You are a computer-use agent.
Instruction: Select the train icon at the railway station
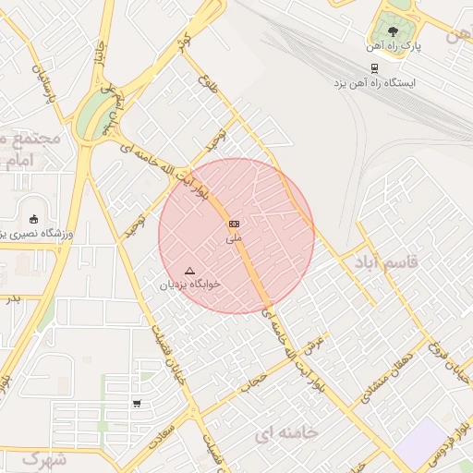click(374, 67)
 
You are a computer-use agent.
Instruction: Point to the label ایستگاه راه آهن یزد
click(375, 82)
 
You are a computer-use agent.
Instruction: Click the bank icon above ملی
click(235, 224)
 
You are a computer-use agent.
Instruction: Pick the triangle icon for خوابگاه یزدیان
click(190, 271)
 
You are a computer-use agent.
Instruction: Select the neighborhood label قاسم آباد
click(385, 262)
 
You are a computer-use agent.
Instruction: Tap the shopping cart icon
click(137, 403)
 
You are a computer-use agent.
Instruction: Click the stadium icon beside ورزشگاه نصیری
click(34, 219)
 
